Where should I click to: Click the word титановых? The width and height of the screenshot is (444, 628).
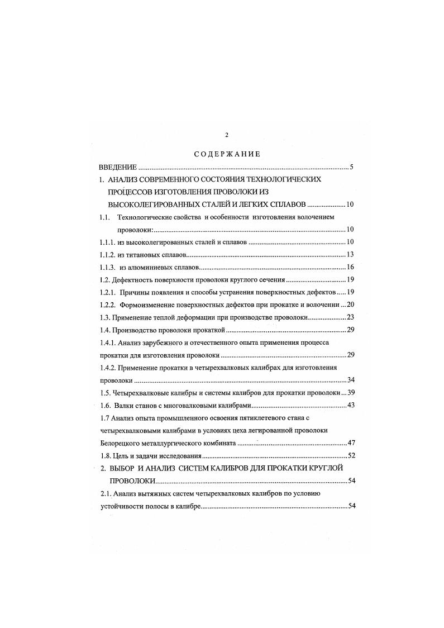coord(142,254)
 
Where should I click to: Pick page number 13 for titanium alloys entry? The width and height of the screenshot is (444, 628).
coord(351,254)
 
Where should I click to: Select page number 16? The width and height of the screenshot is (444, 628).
coord(351,267)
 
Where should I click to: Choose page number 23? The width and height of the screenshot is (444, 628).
coord(351,317)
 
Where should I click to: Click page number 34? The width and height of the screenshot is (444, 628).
coord(351,380)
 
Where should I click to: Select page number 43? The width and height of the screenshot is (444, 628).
coord(351,405)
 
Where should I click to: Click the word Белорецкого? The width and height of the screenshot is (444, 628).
coord(122,443)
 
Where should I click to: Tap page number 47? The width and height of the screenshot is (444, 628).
coord(351,443)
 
